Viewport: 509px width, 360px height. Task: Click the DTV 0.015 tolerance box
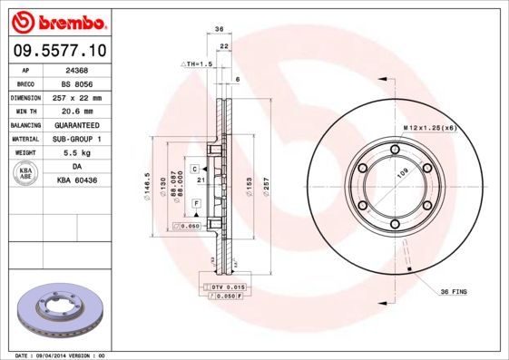tap(222, 287)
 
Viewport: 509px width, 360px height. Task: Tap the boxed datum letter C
tap(194, 169)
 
